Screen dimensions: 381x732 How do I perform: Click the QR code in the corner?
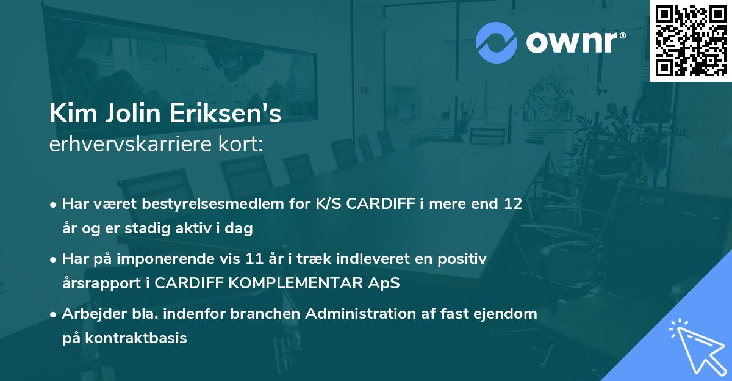tap(691, 41)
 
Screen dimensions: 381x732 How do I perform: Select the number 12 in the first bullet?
tap(513, 204)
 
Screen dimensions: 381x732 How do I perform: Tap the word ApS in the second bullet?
tap(384, 283)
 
